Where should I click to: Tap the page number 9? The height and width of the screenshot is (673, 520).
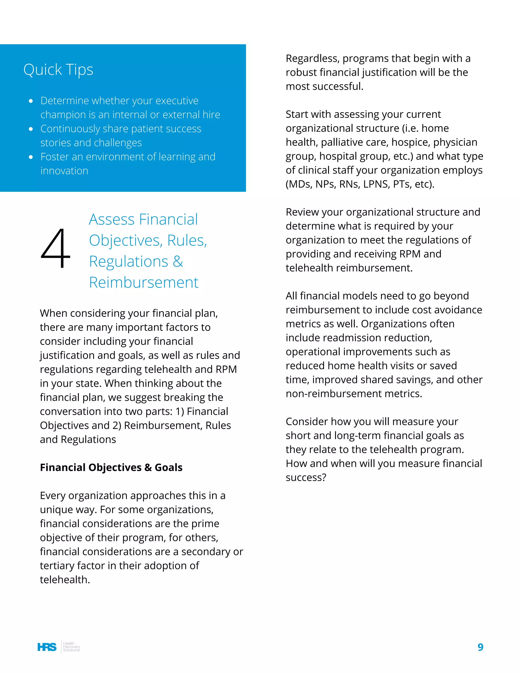480,647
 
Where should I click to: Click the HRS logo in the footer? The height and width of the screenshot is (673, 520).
47,647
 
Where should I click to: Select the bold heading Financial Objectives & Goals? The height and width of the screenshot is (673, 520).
111,468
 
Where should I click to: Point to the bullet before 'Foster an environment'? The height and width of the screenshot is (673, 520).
31,157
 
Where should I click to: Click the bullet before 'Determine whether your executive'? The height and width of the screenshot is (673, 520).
31,101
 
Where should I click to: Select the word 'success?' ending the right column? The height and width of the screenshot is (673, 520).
306,477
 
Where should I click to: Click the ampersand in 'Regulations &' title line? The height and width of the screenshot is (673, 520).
178,262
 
